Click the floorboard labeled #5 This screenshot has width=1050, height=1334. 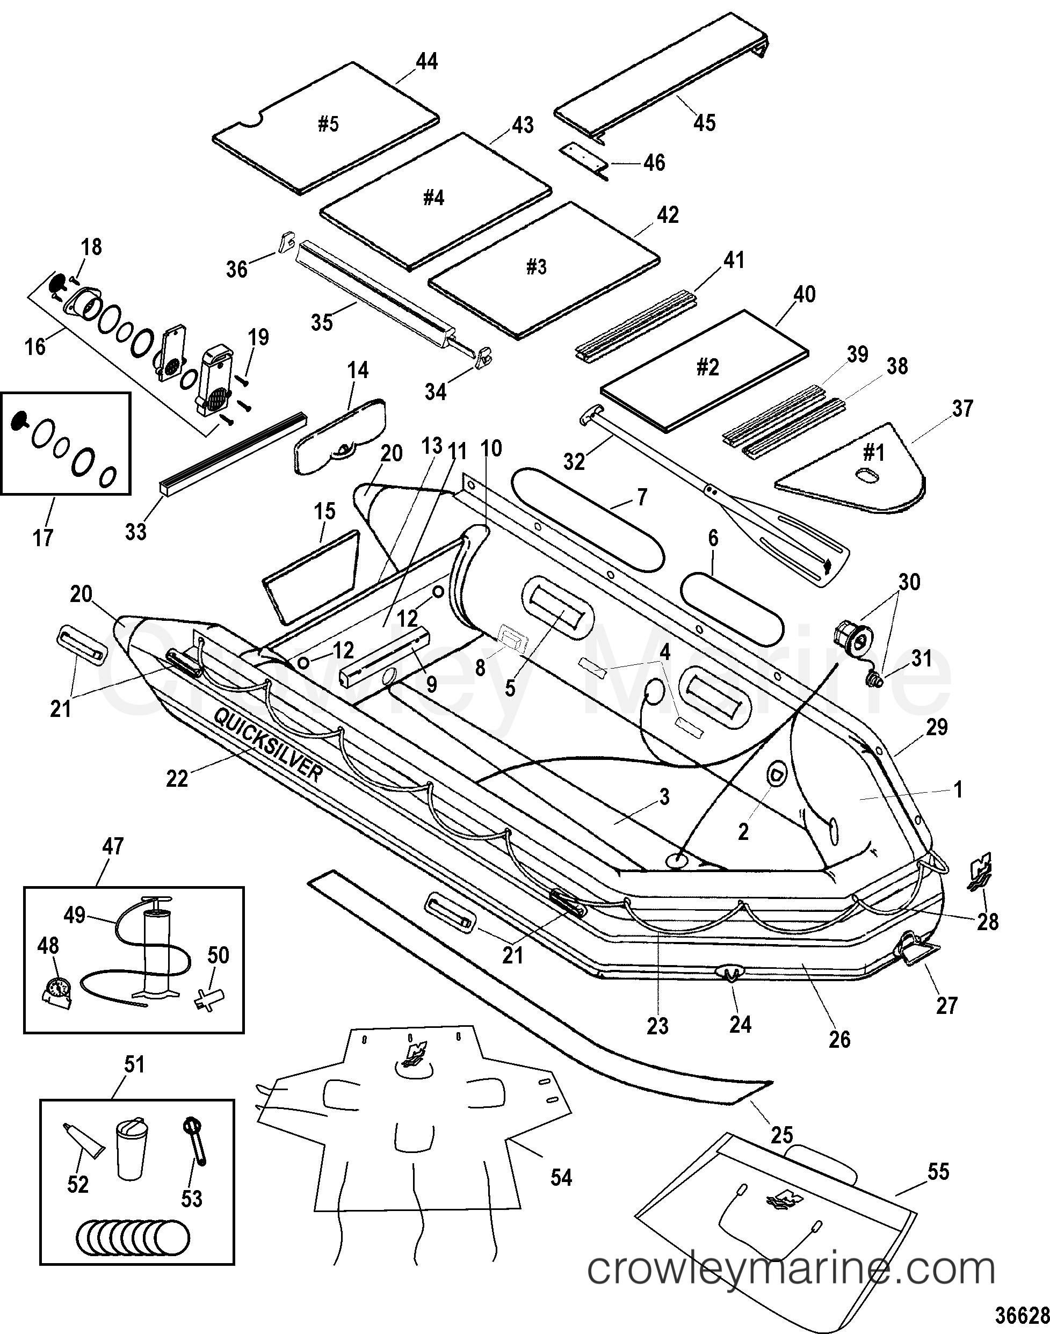326,128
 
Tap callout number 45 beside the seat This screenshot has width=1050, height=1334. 705,122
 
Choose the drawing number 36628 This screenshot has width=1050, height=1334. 1022,1315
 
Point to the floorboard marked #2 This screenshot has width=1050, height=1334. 705,369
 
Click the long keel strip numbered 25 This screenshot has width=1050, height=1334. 541,985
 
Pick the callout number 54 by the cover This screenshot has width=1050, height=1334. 561,1177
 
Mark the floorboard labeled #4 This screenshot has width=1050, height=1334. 435,201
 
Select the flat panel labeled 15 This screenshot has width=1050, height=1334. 311,577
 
